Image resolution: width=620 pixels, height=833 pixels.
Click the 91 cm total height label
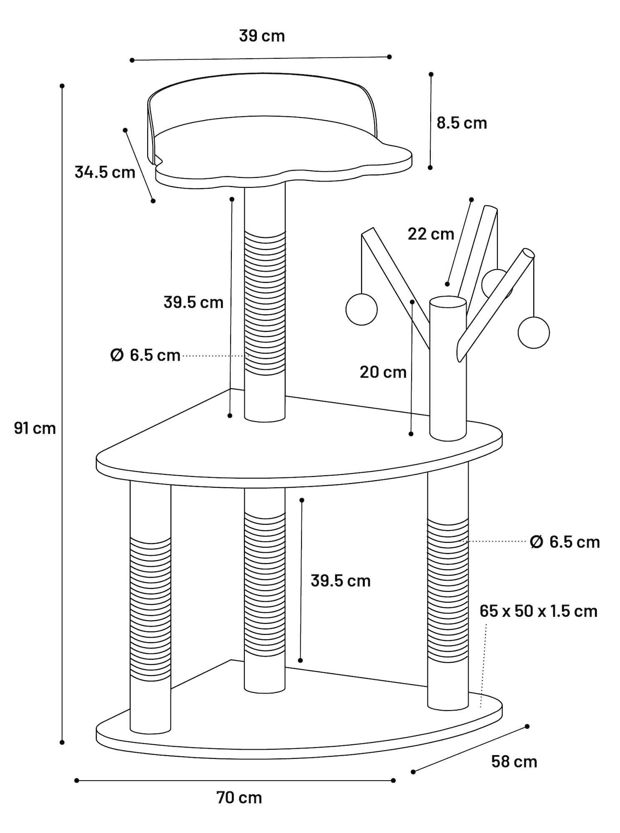[35, 428]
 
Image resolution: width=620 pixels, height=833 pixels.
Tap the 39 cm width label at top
[262, 36]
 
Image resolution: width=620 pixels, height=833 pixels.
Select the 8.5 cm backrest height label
[462, 123]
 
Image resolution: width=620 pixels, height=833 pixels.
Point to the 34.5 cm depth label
[105, 172]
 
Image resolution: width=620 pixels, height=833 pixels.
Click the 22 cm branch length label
[431, 234]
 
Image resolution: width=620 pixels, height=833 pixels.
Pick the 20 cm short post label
[383, 372]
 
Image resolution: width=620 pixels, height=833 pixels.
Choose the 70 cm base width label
[239, 798]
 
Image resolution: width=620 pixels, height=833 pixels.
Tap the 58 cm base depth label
[514, 761]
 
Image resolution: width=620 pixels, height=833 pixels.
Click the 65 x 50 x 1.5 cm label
[538, 611]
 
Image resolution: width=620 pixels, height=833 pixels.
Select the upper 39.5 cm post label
[193, 302]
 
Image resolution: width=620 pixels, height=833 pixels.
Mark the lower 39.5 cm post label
[341, 581]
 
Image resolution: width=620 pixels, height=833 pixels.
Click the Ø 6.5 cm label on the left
[145, 355]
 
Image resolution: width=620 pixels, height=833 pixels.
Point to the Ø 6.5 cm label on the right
[565, 542]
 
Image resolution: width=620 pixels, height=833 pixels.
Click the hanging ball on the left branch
[361, 309]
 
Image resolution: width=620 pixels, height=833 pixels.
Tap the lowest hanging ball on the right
[534, 332]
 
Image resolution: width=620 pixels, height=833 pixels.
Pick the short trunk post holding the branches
[448, 369]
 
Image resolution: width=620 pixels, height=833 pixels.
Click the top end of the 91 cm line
[62, 86]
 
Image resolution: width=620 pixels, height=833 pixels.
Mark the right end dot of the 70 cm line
[393, 781]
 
